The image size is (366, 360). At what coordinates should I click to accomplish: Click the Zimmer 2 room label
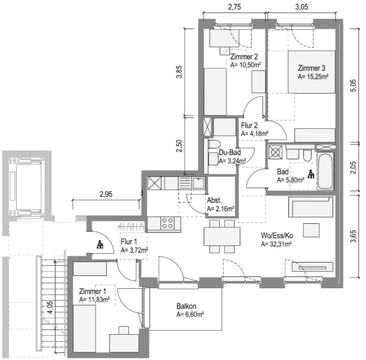[x=244, y=57]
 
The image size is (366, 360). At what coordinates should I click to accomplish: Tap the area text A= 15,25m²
[x=313, y=77]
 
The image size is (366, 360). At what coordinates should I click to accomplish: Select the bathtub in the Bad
[x=325, y=171]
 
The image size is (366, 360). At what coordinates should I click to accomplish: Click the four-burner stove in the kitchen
[x=168, y=223]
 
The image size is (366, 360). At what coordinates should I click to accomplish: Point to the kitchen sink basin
[x=198, y=183]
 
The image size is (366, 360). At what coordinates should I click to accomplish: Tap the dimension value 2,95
[x=106, y=194]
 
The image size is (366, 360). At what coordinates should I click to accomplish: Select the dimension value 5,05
[x=354, y=86]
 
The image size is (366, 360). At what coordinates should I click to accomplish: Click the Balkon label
[x=186, y=306]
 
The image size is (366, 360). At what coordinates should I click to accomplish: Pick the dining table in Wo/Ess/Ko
[x=222, y=236]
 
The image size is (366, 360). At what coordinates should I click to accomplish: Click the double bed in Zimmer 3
[x=311, y=72]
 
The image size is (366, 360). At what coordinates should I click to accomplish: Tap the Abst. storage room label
[x=214, y=200]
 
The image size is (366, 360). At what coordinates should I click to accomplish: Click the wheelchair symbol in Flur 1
[x=100, y=244]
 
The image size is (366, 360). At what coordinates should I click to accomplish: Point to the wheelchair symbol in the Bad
[x=311, y=174]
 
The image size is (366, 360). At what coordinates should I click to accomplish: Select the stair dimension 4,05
[x=50, y=307]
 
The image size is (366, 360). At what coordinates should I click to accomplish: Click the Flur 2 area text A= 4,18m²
[x=255, y=134]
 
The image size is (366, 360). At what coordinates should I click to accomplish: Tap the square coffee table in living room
[x=311, y=230]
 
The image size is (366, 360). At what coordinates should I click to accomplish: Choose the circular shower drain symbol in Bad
[x=275, y=152]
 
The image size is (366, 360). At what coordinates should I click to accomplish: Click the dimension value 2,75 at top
[x=235, y=7]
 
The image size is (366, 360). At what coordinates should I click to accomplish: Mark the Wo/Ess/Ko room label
[x=277, y=235]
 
